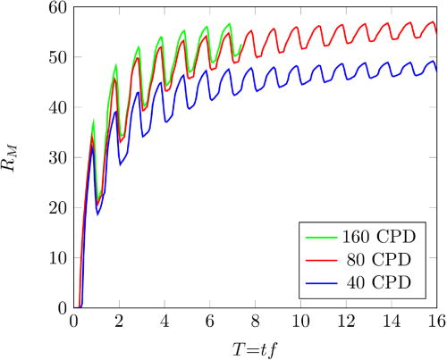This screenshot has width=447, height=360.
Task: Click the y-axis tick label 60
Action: (58, 8)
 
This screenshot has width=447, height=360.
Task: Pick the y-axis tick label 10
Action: (58, 258)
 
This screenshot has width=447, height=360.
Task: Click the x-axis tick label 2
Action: (119, 321)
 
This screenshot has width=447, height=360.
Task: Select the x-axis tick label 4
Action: (164, 321)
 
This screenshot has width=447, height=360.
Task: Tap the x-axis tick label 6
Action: (210, 321)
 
